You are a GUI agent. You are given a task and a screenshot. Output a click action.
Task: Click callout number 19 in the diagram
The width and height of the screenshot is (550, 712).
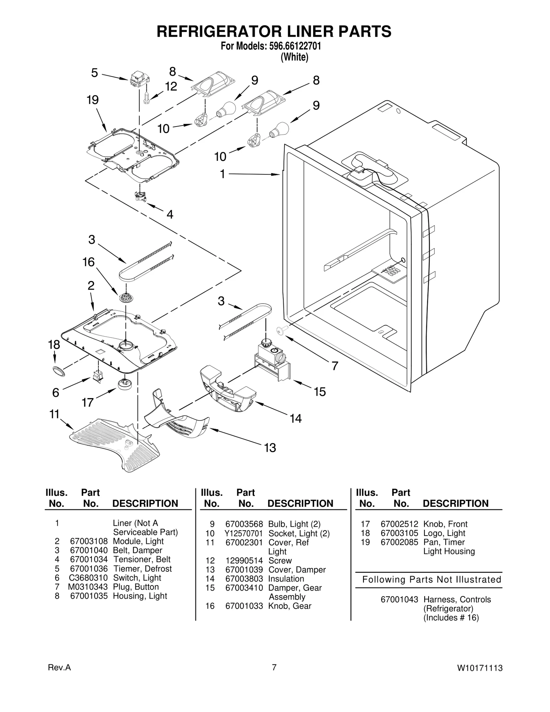tap(92, 100)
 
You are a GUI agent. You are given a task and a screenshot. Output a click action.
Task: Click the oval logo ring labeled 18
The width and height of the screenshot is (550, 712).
tap(57, 371)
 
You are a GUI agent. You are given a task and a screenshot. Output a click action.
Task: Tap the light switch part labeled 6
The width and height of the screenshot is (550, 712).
tap(97, 376)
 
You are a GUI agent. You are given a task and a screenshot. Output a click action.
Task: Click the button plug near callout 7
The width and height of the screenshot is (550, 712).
tap(280, 330)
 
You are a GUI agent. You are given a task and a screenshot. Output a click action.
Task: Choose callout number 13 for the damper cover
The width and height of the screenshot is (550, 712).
tap(270, 448)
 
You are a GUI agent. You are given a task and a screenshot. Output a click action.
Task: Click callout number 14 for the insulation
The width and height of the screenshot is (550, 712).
tap(296, 418)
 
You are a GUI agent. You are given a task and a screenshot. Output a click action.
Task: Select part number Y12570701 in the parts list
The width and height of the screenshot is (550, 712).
tap(244, 534)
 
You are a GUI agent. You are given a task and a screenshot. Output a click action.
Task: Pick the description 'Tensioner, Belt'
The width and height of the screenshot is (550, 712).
tap(142, 559)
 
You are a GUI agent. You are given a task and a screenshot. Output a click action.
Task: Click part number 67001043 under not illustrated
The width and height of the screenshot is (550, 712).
tap(399, 600)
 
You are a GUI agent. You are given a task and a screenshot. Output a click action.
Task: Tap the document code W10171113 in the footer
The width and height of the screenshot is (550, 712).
tap(480, 668)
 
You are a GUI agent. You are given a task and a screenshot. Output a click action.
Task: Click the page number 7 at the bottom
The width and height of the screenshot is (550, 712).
tap(274, 667)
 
